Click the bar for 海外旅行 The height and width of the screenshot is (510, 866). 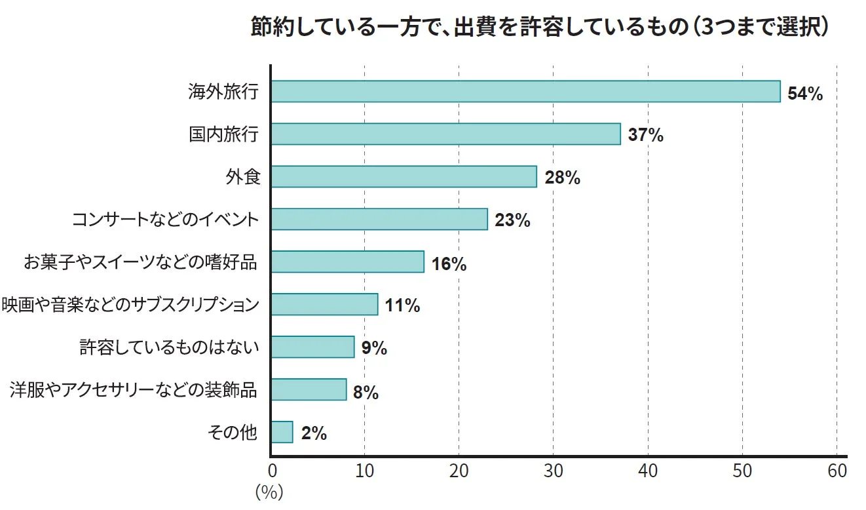(x=525, y=92)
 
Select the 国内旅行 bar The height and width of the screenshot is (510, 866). (x=445, y=134)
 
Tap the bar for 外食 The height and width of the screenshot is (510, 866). (x=404, y=177)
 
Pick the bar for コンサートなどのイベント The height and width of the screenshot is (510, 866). (x=379, y=220)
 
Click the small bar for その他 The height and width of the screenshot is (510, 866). (x=282, y=433)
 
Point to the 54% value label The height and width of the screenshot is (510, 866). (x=804, y=94)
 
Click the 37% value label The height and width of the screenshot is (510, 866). (x=645, y=136)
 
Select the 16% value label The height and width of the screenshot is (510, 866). (x=449, y=264)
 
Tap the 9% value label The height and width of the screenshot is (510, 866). (x=374, y=348)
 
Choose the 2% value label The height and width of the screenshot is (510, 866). (x=314, y=433)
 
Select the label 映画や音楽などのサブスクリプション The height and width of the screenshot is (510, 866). (x=130, y=305)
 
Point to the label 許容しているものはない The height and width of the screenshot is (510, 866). (x=169, y=347)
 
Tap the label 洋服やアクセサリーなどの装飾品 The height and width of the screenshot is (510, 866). (x=134, y=391)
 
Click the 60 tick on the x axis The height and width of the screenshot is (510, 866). (x=837, y=471)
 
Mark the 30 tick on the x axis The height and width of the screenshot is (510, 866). (x=553, y=471)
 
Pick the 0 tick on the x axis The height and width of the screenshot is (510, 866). (x=272, y=471)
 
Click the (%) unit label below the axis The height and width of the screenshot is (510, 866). (x=269, y=493)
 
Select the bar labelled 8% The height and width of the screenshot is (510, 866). (x=309, y=390)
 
